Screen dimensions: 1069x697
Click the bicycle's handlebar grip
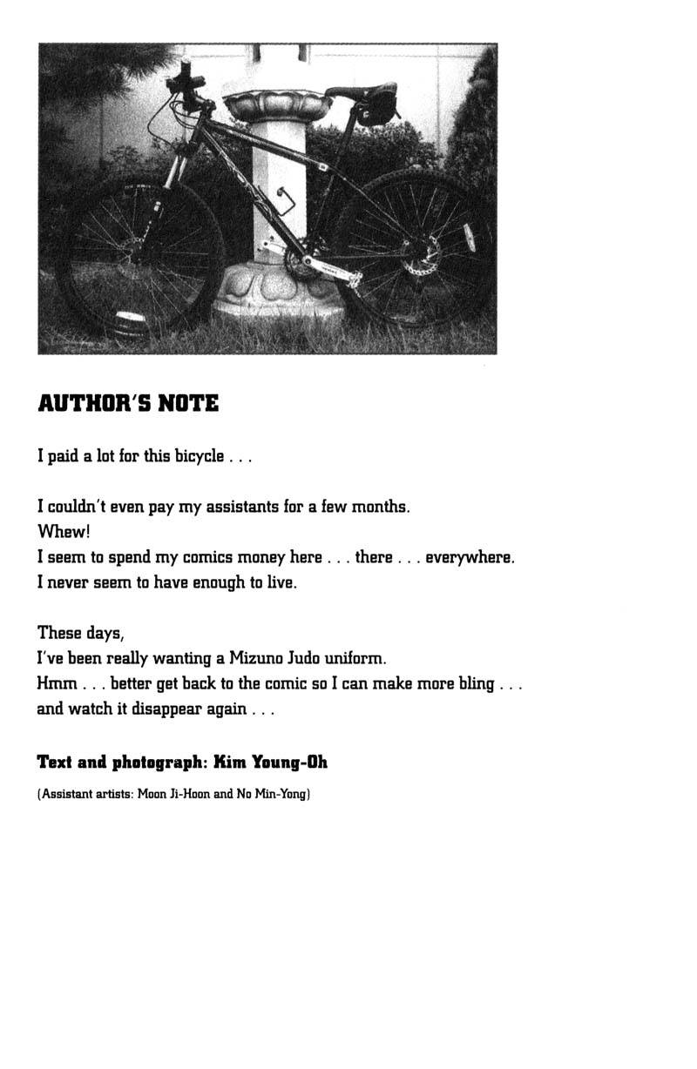(x=186, y=78)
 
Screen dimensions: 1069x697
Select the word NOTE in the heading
(x=188, y=404)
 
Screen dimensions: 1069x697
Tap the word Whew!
(x=64, y=532)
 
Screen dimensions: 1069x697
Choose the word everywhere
(x=469, y=557)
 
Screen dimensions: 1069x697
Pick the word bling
(x=476, y=683)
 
